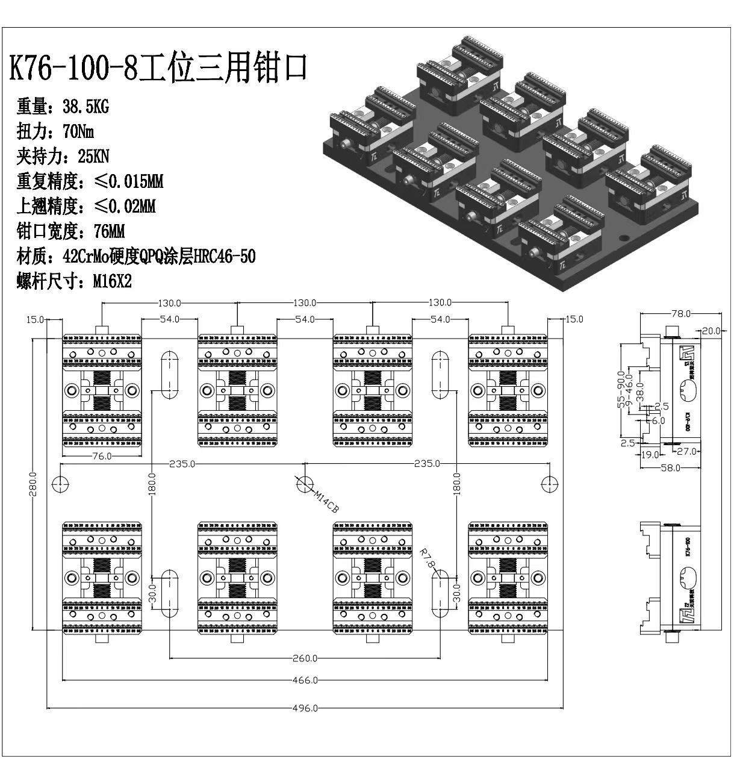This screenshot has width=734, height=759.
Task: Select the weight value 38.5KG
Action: point(86,107)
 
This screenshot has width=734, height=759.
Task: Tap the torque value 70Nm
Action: point(78,131)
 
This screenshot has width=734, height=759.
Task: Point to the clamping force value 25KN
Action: point(93,157)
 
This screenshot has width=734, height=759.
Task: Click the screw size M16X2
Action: point(111,281)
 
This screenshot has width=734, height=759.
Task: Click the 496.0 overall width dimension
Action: point(305,708)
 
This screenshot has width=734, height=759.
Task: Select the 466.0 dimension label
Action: point(305,680)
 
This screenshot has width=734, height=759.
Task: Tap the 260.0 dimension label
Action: point(305,658)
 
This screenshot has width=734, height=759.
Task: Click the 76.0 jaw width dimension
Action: point(101,456)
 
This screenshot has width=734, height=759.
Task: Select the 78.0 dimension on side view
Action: point(680,314)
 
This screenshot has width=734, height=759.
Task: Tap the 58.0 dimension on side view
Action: point(670,467)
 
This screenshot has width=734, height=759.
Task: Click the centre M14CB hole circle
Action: point(305,484)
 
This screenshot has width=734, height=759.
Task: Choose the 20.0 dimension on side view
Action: point(711,331)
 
